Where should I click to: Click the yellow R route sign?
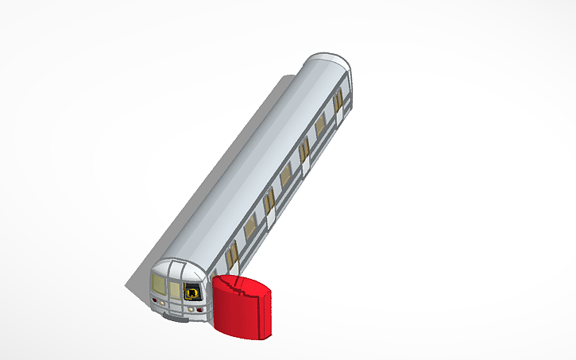[x=192, y=292]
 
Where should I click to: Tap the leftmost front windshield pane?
[x=159, y=284]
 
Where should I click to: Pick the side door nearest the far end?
[x=338, y=103]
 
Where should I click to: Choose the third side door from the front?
[x=304, y=153]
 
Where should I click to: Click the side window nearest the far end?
[x=321, y=125]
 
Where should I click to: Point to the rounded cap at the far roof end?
[x=327, y=61]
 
